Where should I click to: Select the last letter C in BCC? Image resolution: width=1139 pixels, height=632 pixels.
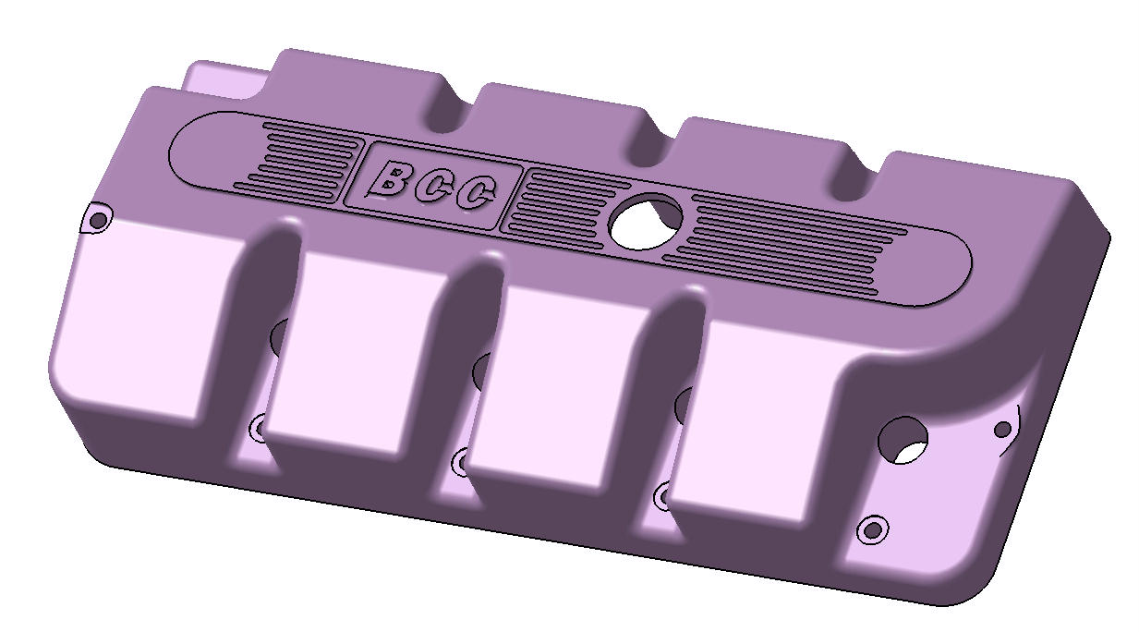point(477,193)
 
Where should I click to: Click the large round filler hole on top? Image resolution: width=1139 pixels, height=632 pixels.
point(646,221)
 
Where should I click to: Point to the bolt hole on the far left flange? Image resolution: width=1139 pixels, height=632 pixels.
point(97,220)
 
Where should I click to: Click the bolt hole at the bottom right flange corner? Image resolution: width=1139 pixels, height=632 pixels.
point(871,530)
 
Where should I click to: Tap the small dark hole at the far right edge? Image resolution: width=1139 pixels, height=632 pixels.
point(1002,430)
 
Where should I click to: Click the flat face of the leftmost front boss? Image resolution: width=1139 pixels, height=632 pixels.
point(148,314)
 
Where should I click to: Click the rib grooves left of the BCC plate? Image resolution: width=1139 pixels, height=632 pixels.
point(305,157)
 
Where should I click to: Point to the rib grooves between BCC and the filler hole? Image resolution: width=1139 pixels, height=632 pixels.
point(563,203)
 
